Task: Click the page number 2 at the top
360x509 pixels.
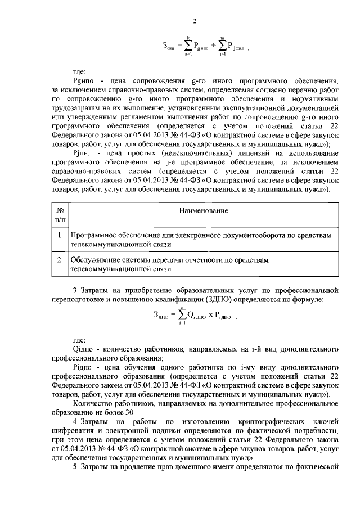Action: coord(195,22)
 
